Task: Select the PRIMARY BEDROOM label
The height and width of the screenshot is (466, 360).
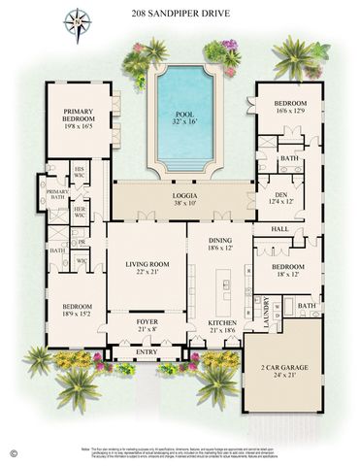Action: click(79, 112)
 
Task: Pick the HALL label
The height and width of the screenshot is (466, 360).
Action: click(280, 229)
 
